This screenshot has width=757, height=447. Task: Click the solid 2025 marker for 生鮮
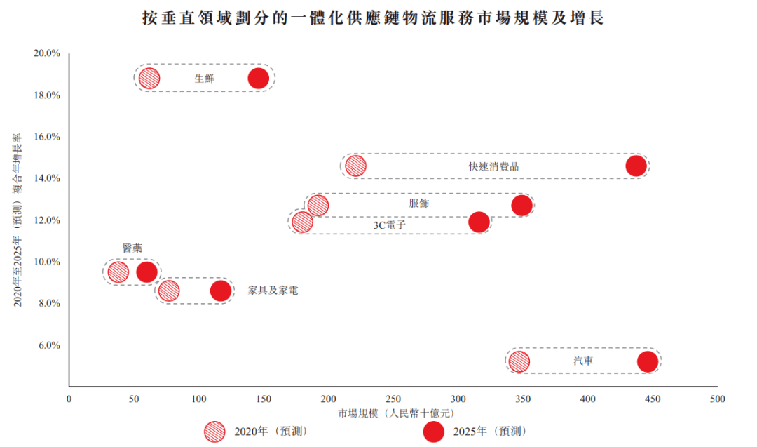pyautogui.click(x=259, y=79)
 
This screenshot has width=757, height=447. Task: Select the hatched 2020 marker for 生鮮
pyautogui.click(x=149, y=79)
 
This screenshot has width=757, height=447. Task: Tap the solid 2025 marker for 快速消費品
pyautogui.click(x=636, y=166)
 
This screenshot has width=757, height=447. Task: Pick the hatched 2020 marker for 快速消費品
pyautogui.click(x=355, y=166)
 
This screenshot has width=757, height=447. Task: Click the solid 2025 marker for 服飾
pyautogui.click(x=521, y=206)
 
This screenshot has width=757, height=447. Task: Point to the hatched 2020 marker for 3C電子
pyautogui.click(x=302, y=222)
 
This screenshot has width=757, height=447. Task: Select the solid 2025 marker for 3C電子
pyautogui.click(x=479, y=222)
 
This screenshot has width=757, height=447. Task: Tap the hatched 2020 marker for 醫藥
pyautogui.click(x=118, y=272)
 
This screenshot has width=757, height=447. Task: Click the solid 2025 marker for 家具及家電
pyautogui.click(x=221, y=291)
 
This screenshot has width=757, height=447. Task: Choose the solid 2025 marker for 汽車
pyautogui.click(x=648, y=361)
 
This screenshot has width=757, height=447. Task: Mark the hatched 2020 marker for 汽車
pyautogui.click(x=519, y=361)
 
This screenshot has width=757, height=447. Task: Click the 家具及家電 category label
pyautogui.click(x=273, y=290)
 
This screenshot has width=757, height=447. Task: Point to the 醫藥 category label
pyautogui.click(x=132, y=248)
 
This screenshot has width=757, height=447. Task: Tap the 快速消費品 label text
pyautogui.click(x=494, y=167)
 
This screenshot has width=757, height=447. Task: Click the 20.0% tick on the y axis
pyautogui.click(x=47, y=53)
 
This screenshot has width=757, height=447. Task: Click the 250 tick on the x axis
pyautogui.click(x=393, y=399)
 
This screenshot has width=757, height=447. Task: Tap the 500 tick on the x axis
pyautogui.click(x=717, y=399)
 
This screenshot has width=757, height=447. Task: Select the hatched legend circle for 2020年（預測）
pyautogui.click(x=214, y=431)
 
